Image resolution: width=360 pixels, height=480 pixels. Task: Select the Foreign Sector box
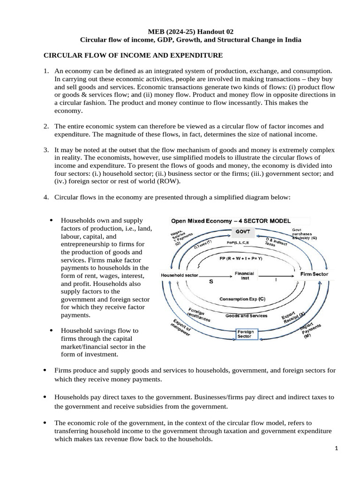coord(245,334)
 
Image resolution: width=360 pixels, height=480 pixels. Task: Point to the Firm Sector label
coord(314,274)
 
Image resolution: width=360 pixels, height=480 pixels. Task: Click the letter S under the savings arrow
coord(210,282)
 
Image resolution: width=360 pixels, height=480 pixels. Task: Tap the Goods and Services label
coord(246,315)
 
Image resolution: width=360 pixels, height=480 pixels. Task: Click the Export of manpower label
coord(178,331)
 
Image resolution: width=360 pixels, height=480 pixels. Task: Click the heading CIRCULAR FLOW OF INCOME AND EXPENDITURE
coord(133,56)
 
